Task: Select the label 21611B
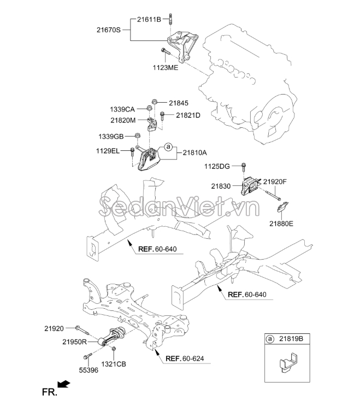coord(149,19)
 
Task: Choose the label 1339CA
coord(122,109)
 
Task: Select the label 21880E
coord(282,222)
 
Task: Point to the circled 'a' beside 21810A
coord(168,147)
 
